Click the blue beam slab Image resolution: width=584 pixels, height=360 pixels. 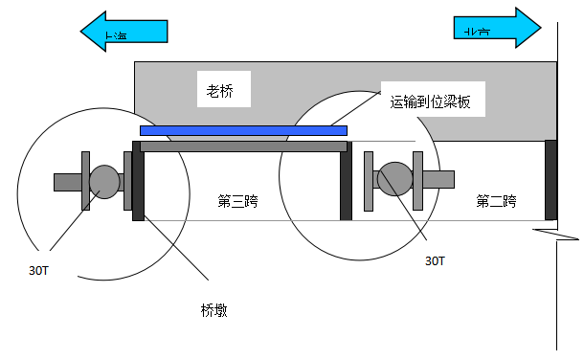(x=243, y=129)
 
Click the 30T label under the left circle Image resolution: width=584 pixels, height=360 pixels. (x=39, y=270)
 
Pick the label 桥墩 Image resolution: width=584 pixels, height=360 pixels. (x=214, y=309)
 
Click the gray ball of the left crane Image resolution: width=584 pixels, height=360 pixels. (x=103, y=179)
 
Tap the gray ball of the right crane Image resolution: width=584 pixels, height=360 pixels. (x=393, y=176)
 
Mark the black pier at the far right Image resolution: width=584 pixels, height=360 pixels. (x=550, y=179)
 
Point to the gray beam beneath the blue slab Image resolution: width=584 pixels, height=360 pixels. (x=243, y=146)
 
